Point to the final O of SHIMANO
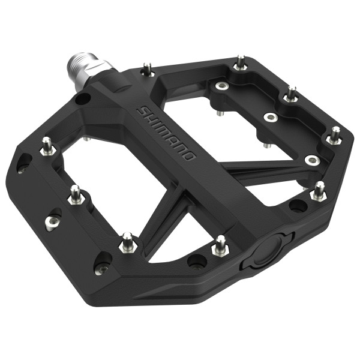pyautogui.click(x=189, y=157)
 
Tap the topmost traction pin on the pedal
pyautogui.click(x=241, y=62)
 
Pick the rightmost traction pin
pyautogui.click(x=334, y=136)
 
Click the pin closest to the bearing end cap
pyautogui.click(x=221, y=245)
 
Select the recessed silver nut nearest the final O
pyautogui.click(x=311, y=160)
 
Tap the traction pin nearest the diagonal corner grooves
pyautogui.click(x=127, y=242)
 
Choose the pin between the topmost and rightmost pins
pyautogui.click(x=291, y=95)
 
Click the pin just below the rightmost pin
pyautogui.click(x=319, y=191)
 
